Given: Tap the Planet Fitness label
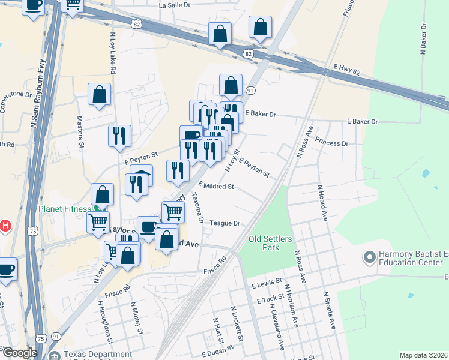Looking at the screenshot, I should (65, 209).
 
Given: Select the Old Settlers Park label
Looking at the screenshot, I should (271, 243).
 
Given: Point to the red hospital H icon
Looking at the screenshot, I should (5, 226).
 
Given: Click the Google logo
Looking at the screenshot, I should (20, 353).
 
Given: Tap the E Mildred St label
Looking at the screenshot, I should (215, 187).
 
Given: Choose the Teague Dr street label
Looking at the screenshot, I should (225, 223).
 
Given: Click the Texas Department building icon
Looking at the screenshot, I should (55, 355).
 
